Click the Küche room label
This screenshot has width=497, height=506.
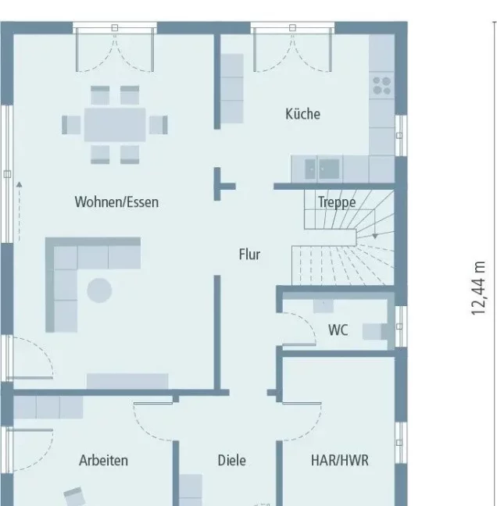(302, 114)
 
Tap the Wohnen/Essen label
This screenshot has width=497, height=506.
(116, 202)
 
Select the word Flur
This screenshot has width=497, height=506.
(249, 255)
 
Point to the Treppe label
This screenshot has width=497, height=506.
(337, 202)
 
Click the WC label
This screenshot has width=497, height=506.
(338, 330)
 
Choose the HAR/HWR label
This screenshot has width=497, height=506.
(339, 460)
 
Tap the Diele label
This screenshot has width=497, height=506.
(231, 460)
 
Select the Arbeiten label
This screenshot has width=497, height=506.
(103, 460)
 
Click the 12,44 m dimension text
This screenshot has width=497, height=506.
(478, 288)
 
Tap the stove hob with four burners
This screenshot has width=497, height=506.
(381, 86)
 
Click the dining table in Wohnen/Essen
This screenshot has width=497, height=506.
(115, 125)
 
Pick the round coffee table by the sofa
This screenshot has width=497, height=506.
(99, 290)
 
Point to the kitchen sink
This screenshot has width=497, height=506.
(323, 169)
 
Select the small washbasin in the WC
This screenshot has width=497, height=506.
(324, 306)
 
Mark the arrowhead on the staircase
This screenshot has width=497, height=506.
(375, 237)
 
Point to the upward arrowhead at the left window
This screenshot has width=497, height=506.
(20, 184)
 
